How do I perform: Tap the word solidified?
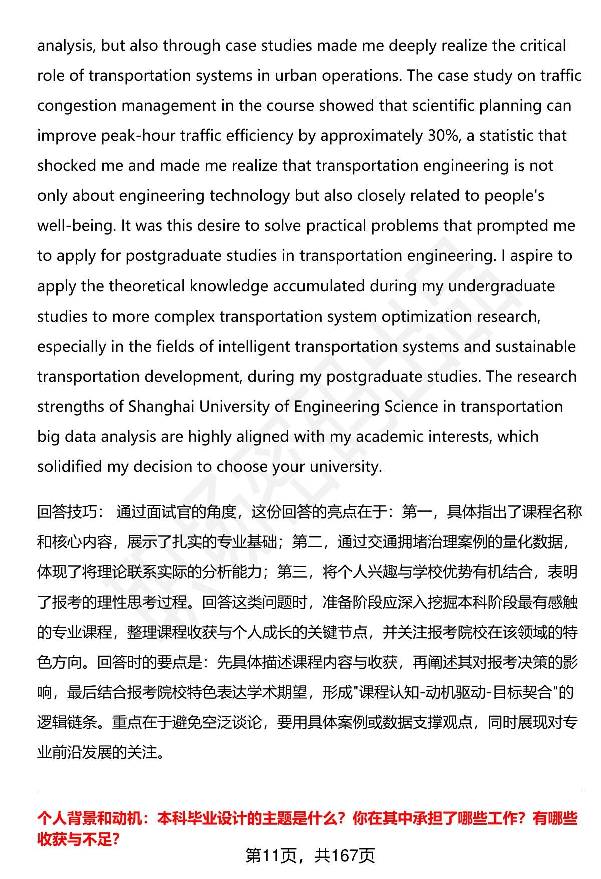[69, 466]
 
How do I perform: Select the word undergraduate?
[501, 286]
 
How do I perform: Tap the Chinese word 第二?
[307, 542]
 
